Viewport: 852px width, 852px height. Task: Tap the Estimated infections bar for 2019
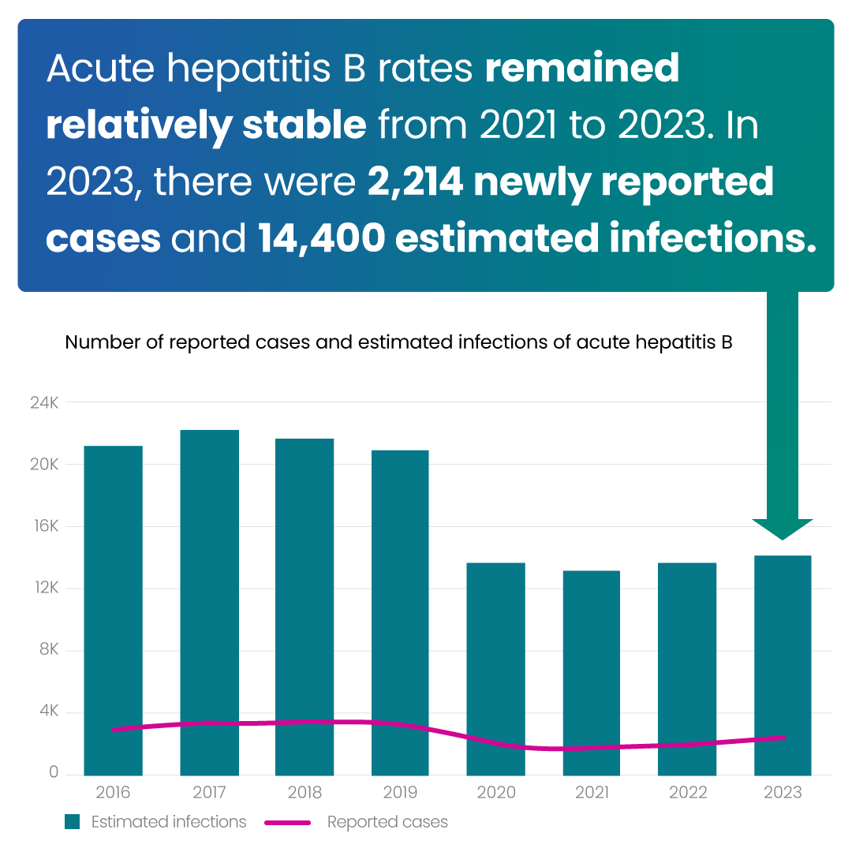[x=400, y=612]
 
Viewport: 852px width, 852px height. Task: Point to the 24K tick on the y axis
[x=44, y=402]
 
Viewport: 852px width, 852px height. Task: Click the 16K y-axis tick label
[x=44, y=526]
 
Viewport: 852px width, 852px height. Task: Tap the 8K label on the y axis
[x=47, y=650]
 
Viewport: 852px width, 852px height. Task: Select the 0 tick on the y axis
[x=54, y=773]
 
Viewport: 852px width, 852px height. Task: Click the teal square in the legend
[x=73, y=822]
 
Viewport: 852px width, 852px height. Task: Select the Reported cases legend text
[x=387, y=822]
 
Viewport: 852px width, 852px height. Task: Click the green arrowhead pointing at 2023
[x=782, y=529]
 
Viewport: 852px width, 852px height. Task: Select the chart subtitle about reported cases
[x=399, y=342]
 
